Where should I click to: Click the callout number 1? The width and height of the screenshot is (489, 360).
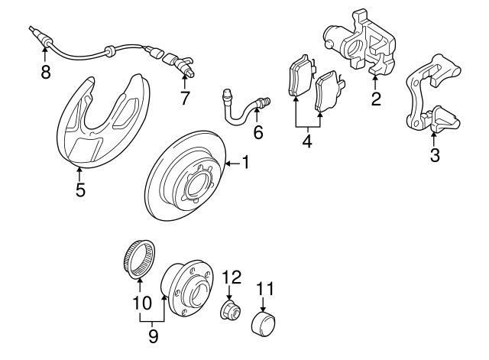(246, 161)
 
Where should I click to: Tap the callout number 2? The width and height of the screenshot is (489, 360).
(375, 99)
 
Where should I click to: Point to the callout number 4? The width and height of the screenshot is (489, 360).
(307, 141)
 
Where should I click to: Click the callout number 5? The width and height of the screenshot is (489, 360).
(80, 190)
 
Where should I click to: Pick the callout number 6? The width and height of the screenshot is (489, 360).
(257, 133)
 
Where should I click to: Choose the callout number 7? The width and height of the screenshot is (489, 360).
(184, 99)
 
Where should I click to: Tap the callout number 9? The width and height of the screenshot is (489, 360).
(154, 335)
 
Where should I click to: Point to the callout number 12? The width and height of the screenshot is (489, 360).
(232, 277)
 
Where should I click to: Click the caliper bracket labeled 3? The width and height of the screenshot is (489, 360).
(432, 96)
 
